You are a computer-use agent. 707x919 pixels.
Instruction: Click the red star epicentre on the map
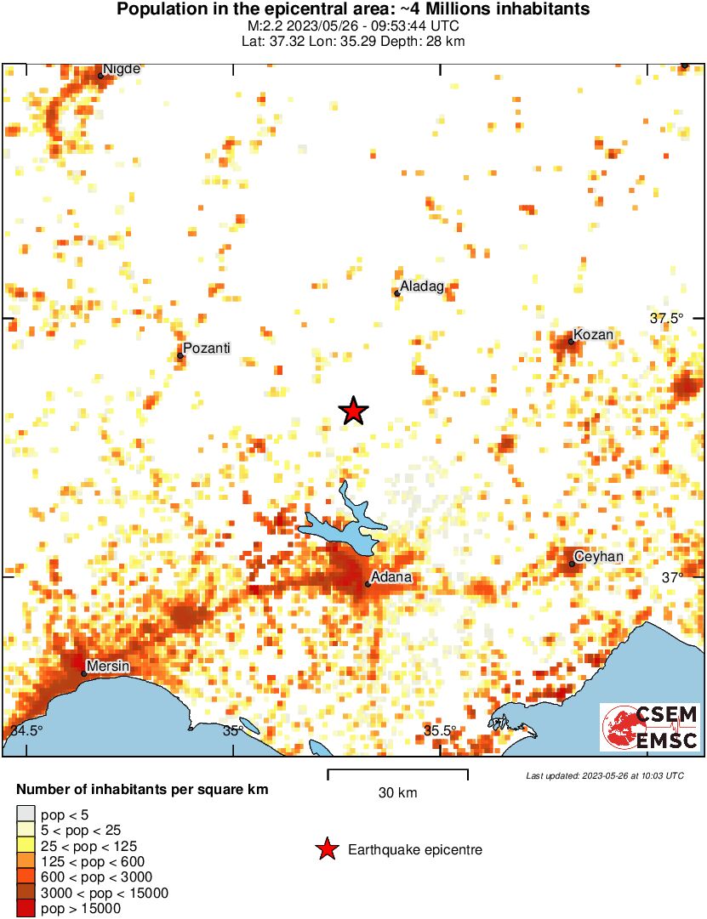353,411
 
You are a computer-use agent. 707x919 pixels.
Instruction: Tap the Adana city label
392,577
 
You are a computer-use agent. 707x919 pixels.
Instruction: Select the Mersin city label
109,667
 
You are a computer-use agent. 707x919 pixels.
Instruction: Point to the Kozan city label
593,335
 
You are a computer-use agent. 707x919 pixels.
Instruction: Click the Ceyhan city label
599,557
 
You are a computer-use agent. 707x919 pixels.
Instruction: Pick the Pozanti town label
207,349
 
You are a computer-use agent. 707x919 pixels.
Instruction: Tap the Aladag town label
422,287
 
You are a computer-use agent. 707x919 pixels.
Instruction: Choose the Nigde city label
121,69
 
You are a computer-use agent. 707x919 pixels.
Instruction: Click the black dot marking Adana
368,584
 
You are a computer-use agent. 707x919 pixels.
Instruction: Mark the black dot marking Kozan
572,342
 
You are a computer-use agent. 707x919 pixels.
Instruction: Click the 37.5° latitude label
666,319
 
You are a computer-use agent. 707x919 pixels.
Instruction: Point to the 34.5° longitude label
26,730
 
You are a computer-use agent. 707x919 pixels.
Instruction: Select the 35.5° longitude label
440,730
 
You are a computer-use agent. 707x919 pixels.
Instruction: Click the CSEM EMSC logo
650,727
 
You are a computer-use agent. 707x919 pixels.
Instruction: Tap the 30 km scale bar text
397,793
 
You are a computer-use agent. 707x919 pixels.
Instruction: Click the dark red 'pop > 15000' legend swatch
26,908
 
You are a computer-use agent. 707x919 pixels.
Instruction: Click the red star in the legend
327,849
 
